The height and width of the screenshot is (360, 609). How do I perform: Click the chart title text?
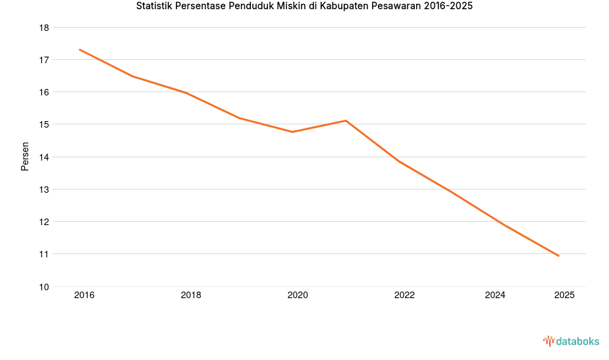point(304,7)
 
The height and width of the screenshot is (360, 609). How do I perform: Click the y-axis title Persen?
point(25,157)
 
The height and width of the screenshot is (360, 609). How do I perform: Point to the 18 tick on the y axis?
point(44,28)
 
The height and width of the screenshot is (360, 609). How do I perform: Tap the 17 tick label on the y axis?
point(44,60)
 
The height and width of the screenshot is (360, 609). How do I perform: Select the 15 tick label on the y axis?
point(44,124)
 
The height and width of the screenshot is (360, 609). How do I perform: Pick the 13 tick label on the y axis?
point(44,190)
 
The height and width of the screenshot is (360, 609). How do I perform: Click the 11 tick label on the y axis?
point(44,254)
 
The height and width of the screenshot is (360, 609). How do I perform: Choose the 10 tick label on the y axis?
point(44,286)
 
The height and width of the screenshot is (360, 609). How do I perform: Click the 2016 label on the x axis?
point(84,296)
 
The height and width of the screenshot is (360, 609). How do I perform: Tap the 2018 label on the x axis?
point(191,296)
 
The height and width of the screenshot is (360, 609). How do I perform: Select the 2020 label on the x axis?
point(298,296)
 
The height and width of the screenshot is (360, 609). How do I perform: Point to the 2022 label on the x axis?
point(404,296)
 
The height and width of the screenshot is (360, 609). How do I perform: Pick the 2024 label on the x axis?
point(495,296)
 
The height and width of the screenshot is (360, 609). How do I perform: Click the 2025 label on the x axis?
point(564,296)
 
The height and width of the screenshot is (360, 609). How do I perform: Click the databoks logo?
point(571,341)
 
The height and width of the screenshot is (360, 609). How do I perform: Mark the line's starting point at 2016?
point(80,49)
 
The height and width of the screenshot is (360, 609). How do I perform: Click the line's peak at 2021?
point(346,120)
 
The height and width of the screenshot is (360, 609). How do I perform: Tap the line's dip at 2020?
point(292,132)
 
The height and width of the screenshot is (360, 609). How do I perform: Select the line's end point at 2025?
point(558,255)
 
